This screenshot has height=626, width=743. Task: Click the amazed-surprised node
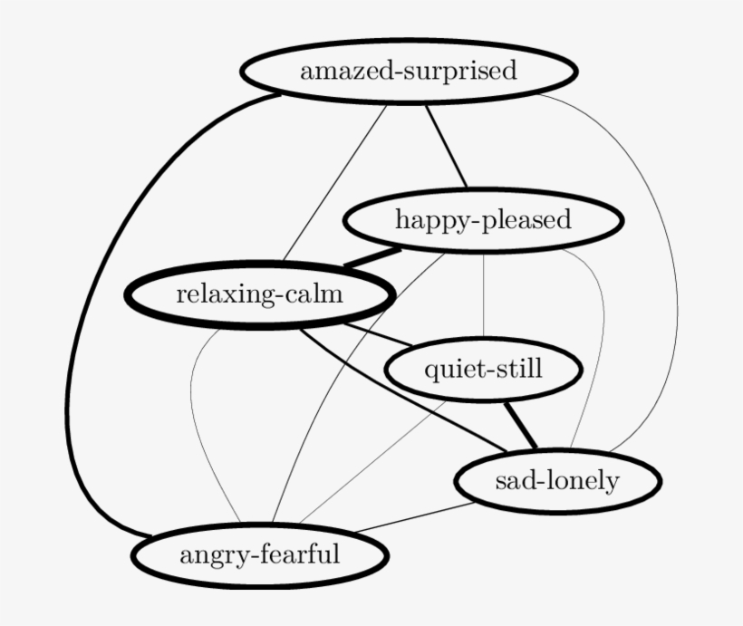(410, 72)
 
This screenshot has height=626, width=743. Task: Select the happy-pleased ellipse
(483, 220)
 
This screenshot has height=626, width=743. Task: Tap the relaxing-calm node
(260, 294)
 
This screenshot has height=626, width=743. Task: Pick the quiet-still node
(483, 369)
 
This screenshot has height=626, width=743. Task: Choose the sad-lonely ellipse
(557, 481)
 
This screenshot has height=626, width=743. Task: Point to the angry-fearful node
(260, 555)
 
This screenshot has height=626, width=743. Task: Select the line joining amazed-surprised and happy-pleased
(446, 147)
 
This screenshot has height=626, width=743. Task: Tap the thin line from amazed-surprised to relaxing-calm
(334, 183)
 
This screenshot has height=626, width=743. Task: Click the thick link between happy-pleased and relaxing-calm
(372, 257)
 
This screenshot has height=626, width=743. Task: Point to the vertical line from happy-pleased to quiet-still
(483, 295)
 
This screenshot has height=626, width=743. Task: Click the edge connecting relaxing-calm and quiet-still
(378, 334)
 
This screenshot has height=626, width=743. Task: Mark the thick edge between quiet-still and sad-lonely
(521, 425)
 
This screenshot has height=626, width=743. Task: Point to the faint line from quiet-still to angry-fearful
(372, 464)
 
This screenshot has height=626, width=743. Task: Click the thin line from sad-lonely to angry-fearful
(415, 517)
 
